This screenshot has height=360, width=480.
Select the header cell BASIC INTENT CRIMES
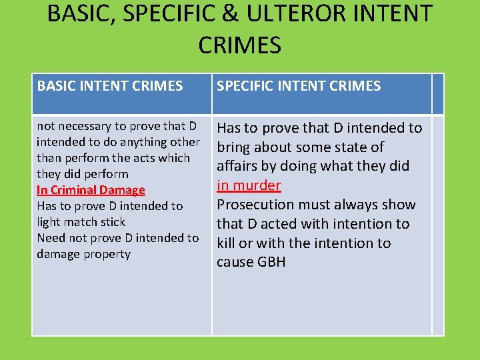(110, 86)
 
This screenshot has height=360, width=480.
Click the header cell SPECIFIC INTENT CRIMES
(299, 86)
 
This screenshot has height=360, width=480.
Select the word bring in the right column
(234, 147)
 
